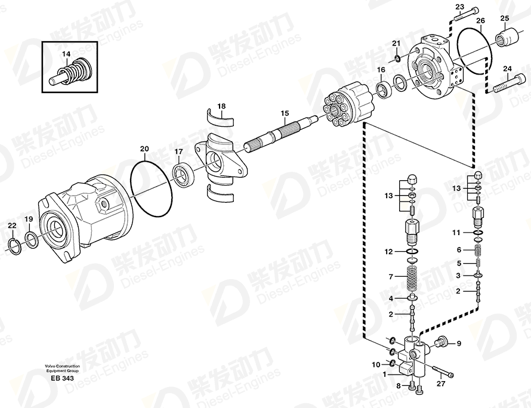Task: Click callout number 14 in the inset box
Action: [66, 54]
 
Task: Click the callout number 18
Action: [221, 107]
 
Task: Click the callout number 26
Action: [480, 21]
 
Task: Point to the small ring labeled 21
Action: [396, 58]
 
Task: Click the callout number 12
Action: [388, 252]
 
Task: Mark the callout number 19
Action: [28, 220]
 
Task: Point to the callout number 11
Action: [456, 232]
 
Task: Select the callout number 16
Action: [381, 70]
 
